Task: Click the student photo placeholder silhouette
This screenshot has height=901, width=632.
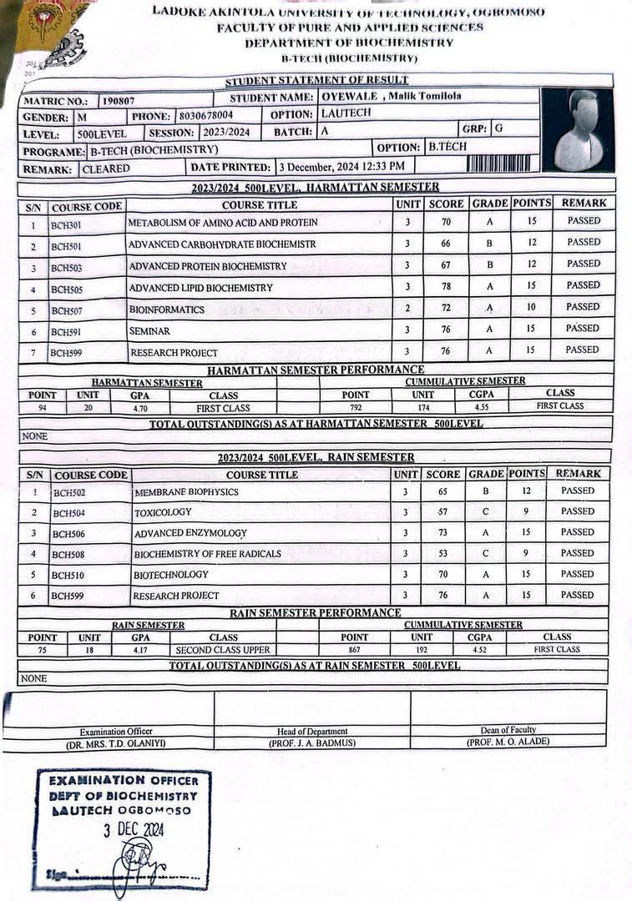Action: [x=578, y=130]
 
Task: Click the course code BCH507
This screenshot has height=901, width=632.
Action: [x=68, y=310]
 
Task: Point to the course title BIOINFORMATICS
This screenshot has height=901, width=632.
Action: [x=166, y=310]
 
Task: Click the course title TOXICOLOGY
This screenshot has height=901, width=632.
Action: [x=163, y=512]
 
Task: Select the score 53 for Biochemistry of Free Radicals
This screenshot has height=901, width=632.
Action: [x=443, y=553]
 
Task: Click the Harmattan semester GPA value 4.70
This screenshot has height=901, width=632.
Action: [x=139, y=409]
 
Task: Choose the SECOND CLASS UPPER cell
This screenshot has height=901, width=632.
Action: [x=224, y=650]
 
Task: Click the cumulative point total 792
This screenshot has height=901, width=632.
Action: [x=356, y=408]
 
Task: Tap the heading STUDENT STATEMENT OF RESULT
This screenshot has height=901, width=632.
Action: [x=316, y=80]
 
